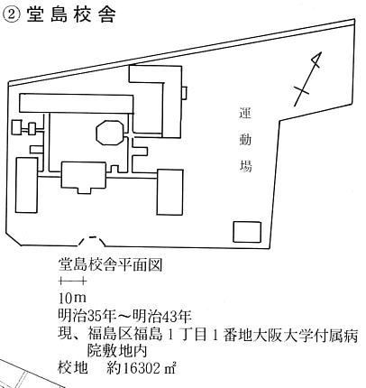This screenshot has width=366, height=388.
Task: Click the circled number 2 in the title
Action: [x=12, y=14]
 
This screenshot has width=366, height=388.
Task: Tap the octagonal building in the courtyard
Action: [x=110, y=133]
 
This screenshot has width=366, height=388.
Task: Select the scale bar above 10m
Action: [x=73, y=282]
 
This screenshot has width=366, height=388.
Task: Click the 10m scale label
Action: [x=72, y=298]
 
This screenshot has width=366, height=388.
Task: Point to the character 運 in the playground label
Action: [x=245, y=114]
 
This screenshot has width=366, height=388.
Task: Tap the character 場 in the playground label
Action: [x=245, y=165]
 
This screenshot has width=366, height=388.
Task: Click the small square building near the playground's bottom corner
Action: [x=247, y=232]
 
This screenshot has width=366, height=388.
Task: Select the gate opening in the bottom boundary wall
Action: [x=93, y=242]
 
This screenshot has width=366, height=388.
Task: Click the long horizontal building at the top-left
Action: [x=77, y=104]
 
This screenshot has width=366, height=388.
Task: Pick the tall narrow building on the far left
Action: [x=26, y=185]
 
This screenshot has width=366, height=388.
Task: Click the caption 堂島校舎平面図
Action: [x=110, y=264]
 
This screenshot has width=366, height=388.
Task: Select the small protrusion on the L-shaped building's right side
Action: [x=185, y=93]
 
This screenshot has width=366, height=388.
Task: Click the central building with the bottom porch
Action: [x=83, y=178]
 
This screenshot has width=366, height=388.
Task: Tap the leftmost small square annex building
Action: [x=17, y=127]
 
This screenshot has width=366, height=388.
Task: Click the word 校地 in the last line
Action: [x=73, y=368]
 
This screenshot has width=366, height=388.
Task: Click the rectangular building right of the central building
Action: [x=169, y=192]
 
